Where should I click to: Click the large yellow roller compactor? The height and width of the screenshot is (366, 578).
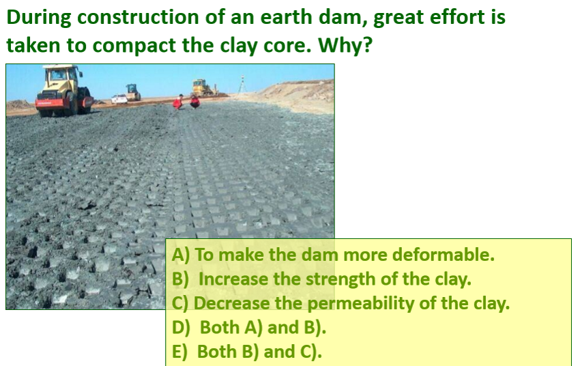[64, 90]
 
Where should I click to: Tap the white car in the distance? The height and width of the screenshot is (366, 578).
[120, 99]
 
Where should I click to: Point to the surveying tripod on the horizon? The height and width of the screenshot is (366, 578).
[242, 85]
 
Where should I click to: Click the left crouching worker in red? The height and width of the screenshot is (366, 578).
[178, 102]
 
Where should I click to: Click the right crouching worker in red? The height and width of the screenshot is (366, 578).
[194, 102]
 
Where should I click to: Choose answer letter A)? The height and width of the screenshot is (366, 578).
[181, 255]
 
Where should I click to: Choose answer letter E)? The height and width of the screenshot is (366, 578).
[181, 352]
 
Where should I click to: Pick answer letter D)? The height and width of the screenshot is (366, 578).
[182, 328]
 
